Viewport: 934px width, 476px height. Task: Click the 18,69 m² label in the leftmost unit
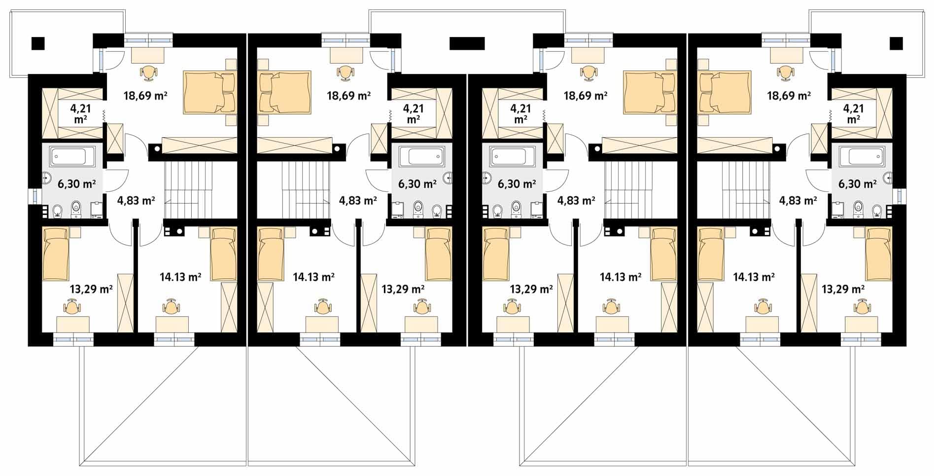[x=145, y=95]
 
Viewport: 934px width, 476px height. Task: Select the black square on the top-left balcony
[x=38, y=43]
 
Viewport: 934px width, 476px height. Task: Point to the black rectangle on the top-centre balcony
[x=467, y=43]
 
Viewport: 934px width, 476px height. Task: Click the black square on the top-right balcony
[x=896, y=43]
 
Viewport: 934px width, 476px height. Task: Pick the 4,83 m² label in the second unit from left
[x=358, y=200]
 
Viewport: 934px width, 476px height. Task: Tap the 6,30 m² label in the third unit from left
[x=517, y=184]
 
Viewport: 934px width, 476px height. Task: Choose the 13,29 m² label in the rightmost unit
[x=843, y=289]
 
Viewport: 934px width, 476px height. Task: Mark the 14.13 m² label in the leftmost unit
[x=180, y=277]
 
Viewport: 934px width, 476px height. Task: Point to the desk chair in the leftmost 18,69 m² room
[x=148, y=73]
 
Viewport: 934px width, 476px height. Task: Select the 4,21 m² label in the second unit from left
[x=413, y=114]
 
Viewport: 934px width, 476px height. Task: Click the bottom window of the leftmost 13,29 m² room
[x=73, y=339]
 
